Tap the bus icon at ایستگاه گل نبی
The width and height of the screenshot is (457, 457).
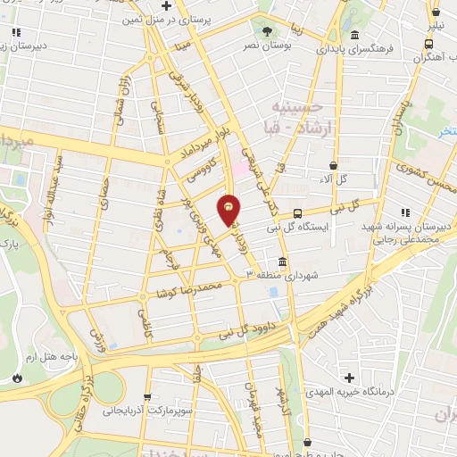pos(297,214)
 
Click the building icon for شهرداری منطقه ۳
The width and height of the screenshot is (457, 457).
pos(282,262)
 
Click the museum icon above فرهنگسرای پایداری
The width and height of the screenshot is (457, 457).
pos(354,36)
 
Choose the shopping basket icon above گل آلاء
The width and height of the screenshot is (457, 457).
pos(333,165)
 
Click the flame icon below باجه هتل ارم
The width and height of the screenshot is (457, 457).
pos(18,378)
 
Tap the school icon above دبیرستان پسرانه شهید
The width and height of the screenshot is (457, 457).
pos(404,212)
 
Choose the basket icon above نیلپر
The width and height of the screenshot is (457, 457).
pos(437,12)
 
